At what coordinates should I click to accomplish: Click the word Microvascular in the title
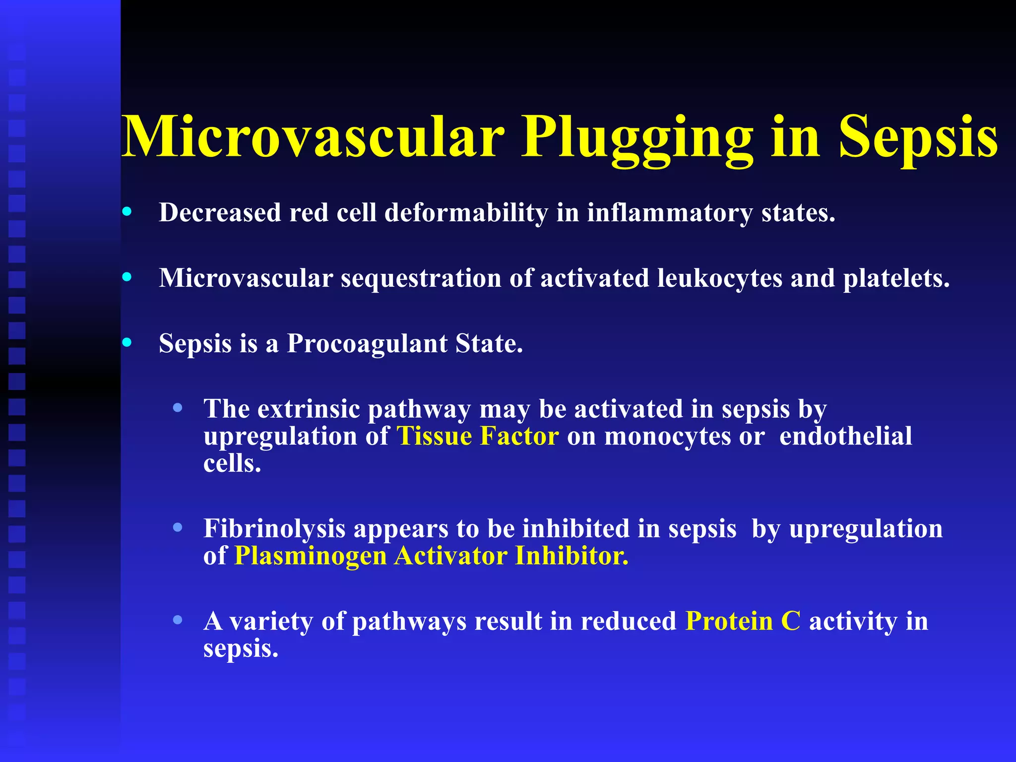click(313, 137)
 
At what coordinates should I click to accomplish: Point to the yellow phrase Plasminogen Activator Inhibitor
click(431, 556)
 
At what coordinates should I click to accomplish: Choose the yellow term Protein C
click(743, 621)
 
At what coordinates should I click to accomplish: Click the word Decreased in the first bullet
click(220, 212)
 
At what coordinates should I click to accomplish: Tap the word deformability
click(466, 213)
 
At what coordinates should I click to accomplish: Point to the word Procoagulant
click(367, 343)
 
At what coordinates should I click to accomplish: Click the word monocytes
click(668, 437)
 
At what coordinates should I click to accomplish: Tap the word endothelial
click(845, 437)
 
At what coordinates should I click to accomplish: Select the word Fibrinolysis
click(274, 529)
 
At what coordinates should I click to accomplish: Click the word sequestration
click(421, 278)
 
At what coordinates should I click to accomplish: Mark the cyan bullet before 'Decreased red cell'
click(127, 212)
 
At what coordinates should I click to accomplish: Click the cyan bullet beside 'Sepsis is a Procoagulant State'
click(127, 342)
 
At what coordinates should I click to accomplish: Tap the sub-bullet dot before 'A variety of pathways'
click(177, 620)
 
